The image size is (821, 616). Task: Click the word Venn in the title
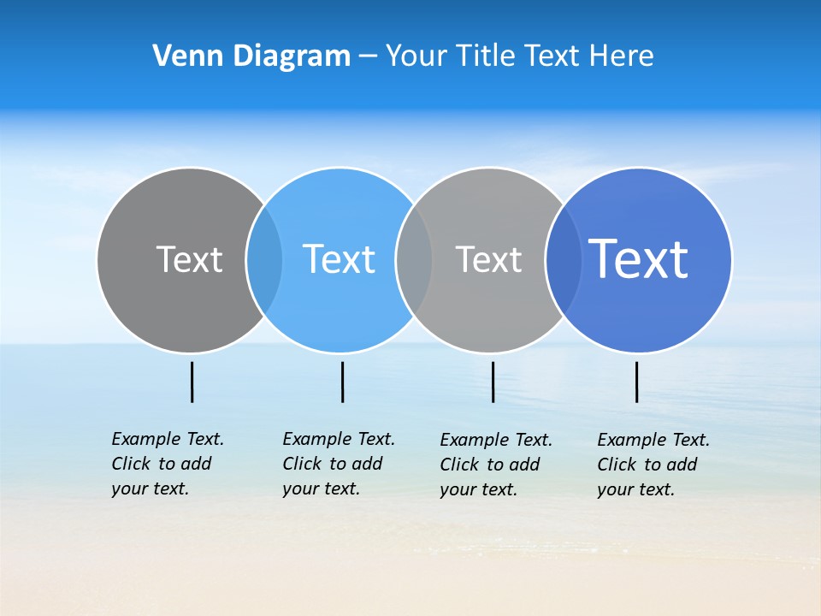tap(182, 56)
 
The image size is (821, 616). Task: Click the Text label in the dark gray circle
tap(189, 259)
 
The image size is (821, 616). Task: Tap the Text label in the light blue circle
tap(339, 259)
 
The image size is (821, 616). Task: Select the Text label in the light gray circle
tap(488, 259)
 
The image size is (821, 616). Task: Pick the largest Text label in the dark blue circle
tap(639, 259)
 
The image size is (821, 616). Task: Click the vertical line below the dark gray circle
tap(192, 382)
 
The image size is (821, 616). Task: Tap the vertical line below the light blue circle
tap(342, 382)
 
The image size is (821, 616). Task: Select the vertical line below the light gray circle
tap(493, 382)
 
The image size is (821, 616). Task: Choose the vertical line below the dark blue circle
tap(636, 382)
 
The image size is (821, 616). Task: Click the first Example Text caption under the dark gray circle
tap(168, 439)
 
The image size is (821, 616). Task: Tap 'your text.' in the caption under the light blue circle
tap(321, 489)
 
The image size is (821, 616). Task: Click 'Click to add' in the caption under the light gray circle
tap(490, 465)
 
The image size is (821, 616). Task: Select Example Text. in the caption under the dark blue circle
tap(653, 440)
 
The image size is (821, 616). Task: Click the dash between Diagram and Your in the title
tap(368, 56)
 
